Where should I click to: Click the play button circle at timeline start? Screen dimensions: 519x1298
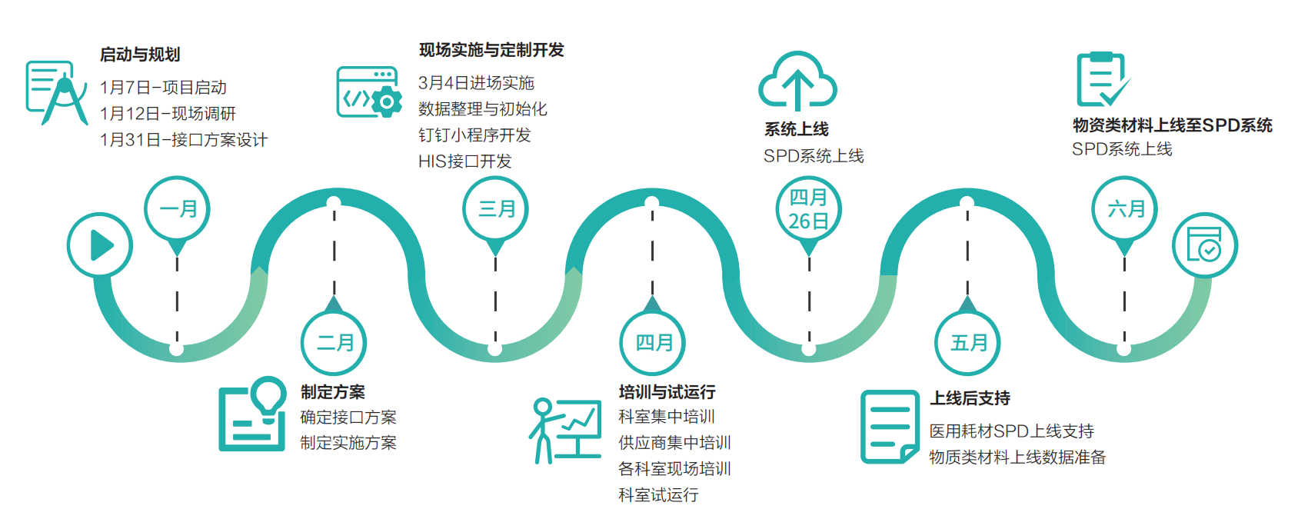(x=100, y=245)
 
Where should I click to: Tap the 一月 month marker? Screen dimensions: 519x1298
(x=178, y=209)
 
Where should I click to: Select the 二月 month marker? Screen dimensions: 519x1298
(x=334, y=343)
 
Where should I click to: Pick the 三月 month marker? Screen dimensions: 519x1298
(x=496, y=209)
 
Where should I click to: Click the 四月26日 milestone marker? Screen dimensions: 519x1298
(x=808, y=209)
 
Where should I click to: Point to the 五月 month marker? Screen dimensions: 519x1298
(x=968, y=343)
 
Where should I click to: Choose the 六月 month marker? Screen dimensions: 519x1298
(x=1125, y=209)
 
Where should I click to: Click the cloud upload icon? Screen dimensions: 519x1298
(x=797, y=82)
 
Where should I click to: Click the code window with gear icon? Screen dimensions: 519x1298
(x=369, y=92)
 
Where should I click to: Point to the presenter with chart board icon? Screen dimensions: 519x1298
(x=565, y=430)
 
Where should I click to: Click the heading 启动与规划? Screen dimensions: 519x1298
(x=140, y=55)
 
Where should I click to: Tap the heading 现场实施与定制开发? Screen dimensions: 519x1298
(x=491, y=50)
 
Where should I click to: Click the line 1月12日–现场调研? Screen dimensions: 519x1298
(x=168, y=114)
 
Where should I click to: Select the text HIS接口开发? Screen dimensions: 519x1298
(x=464, y=161)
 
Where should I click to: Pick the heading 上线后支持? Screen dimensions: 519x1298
(x=970, y=398)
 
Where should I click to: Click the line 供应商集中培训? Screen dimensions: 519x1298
(x=674, y=443)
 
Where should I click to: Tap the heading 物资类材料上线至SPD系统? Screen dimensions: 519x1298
(x=1172, y=125)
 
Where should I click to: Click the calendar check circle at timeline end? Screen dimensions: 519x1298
(x=1204, y=245)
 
